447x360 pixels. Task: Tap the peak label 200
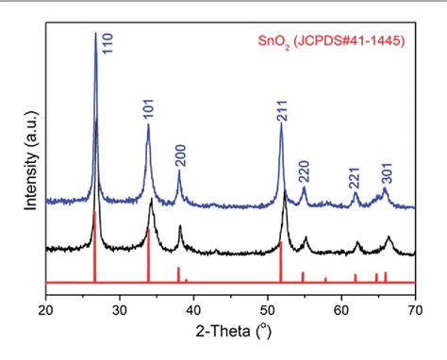[180, 155]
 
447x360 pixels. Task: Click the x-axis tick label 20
[45, 308]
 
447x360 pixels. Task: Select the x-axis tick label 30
[119, 308]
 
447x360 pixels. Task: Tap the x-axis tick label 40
[193, 308]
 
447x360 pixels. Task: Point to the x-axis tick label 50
[267, 308]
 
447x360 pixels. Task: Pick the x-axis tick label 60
[341, 308]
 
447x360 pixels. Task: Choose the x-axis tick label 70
[415, 308]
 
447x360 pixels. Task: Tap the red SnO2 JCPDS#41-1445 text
[330, 42]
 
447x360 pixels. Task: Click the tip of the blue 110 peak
[95, 34]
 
